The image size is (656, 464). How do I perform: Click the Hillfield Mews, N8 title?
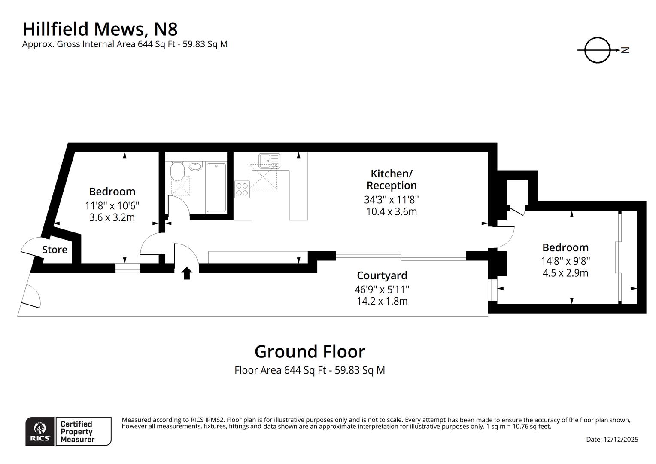click(x=100, y=29)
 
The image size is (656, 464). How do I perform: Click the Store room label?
click(x=55, y=250)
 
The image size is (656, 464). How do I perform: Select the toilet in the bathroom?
click(x=177, y=171)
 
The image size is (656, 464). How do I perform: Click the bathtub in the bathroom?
click(x=216, y=187)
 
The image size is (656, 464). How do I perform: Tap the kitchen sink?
click(x=269, y=161)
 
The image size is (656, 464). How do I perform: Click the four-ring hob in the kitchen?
click(x=242, y=189)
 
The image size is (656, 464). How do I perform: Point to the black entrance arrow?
click(x=186, y=273)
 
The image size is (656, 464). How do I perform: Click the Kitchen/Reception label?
click(x=391, y=180)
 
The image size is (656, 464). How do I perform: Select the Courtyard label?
click(x=382, y=275)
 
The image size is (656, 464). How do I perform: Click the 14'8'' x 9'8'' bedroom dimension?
click(x=565, y=260)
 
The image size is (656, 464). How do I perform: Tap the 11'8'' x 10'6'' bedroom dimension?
click(x=112, y=205)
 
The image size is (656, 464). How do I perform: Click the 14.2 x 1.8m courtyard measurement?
click(x=382, y=301)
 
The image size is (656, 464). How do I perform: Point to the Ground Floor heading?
click(x=310, y=351)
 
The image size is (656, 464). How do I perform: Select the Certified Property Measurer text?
click(x=77, y=431)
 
